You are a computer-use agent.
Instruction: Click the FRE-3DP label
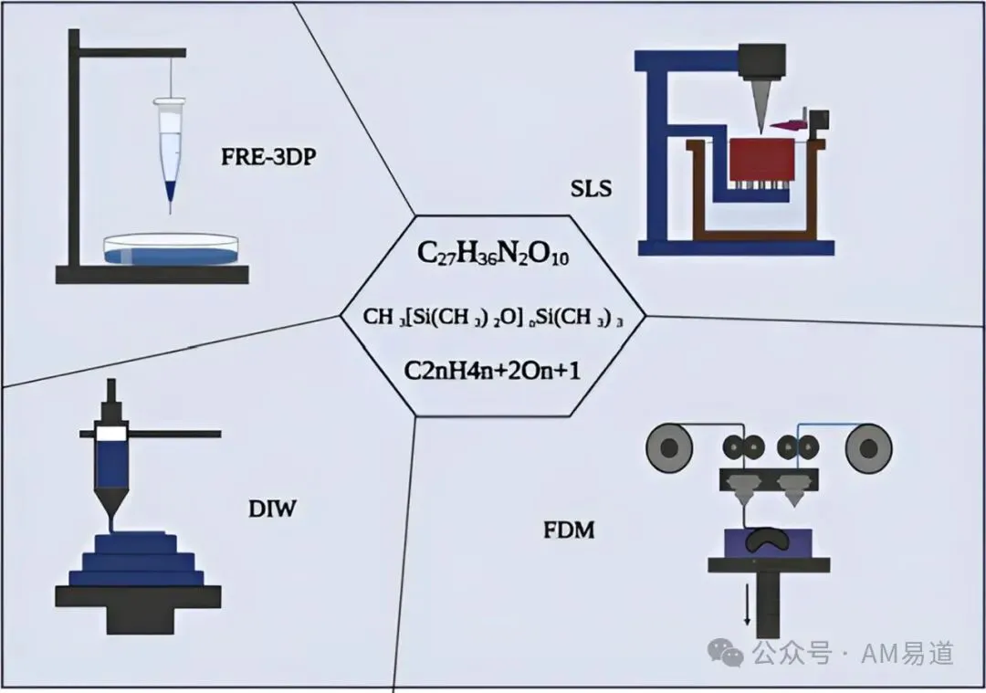(268, 156)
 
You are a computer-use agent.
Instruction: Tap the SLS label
(591, 188)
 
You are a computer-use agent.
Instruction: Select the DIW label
(272, 509)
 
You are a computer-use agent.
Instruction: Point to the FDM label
(569, 530)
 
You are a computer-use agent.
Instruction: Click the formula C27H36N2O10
(493, 254)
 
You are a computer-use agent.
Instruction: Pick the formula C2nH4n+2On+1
(492, 371)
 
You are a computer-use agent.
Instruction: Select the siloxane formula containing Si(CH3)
(493, 317)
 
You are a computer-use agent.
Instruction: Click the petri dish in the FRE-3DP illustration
(172, 249)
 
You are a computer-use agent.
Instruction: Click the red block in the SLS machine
(761, 161)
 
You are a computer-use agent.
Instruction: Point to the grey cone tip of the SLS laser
(761, 106)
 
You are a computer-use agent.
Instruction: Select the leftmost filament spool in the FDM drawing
(669, 448)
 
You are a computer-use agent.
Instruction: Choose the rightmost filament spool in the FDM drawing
(868, 448)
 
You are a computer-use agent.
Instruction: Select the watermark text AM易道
(907, 654)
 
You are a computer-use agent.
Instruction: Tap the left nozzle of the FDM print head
(743, 489)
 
